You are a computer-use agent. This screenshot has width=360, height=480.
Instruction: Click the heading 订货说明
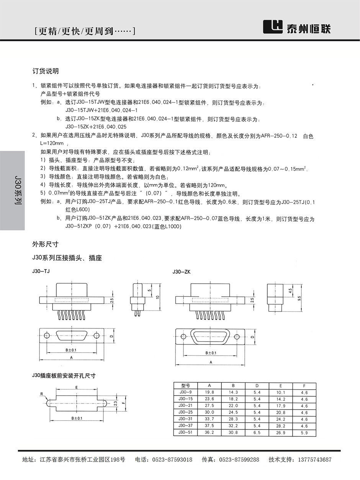pyautogui.click(x=46, y=71)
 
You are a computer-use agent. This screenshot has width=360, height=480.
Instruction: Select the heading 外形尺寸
pyautogui.click(x=46, y=244)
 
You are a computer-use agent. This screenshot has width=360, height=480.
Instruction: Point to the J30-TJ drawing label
pyautogui.click(x=41, y=271)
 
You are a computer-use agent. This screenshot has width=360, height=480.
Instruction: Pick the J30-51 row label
pyautogui.click(x=186, y=432)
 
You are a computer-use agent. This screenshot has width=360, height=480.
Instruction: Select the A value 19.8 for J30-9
pyautogui.click(x=209, y=392)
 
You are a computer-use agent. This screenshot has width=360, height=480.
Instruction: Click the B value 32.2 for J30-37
pyautogui.click(x=233, y=426)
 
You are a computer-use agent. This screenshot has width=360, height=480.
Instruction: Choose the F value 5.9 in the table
pyautogui.click(x=304, y=433)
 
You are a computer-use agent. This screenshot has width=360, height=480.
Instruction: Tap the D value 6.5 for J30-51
pyautogui.click(x=257, y=433)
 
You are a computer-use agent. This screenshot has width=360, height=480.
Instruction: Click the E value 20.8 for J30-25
pyautogui.click(x=281, y=413)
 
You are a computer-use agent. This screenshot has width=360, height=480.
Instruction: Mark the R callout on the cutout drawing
pyautogui.click(x=41, y=393)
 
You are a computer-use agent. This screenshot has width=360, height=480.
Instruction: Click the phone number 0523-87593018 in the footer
pyautogui.click(x=172, y=460)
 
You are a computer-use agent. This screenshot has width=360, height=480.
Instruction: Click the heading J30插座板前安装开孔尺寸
pyautogui.click(x=64, y=376)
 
